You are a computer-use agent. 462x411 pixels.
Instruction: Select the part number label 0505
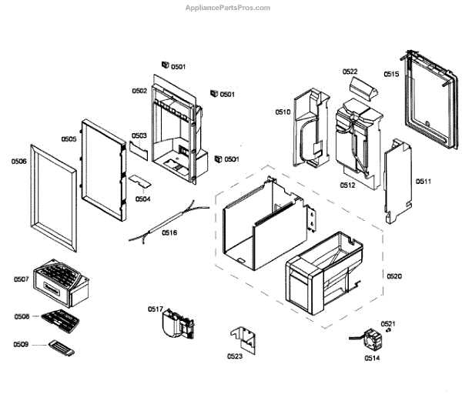tap(69, 139)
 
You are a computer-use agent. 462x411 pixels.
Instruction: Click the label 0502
tap(139, 91)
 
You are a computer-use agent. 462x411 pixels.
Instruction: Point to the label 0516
tap(169, 232)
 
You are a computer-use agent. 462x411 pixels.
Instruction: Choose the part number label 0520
tap(393, 276)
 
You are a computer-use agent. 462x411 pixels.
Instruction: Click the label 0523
tap(234, 356)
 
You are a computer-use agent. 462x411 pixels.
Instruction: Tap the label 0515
tap(391, 75)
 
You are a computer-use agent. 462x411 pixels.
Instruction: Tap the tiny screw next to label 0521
tap(389, 333)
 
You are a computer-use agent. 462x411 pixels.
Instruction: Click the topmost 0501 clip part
tap(164, 65)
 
